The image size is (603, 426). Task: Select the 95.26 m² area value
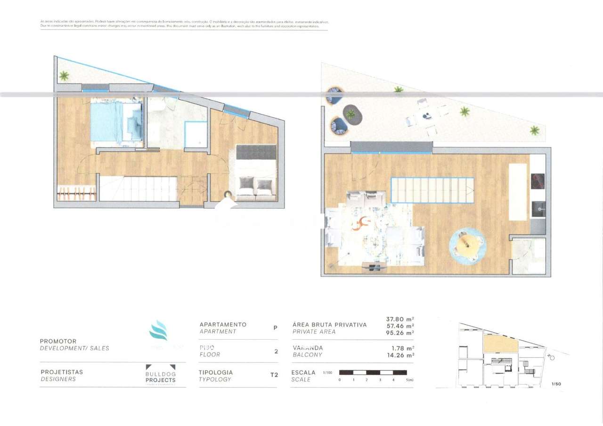pyautogui.click(x=399, y=333)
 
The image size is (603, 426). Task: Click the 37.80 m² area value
pyautogui.click(x=399, y=318)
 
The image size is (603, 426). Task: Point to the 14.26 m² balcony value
pyautogui.click(x=399, y=355)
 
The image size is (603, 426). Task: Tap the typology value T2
pyautogui.click(x=274, y=375)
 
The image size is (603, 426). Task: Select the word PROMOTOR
pyautogui.click(x=58, y=341)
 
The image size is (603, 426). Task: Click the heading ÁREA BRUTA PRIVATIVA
pyautogui.click(x=329, y=325)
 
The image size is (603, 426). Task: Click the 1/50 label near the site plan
pyautogui.click(x=556, y=384)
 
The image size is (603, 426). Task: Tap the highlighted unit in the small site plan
pyautogui.click(x=500, y=344)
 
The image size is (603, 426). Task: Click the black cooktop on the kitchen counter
pyautogui.click(x=538, y=181)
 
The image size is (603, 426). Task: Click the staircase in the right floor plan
pyautogui.click(x=432, y=190)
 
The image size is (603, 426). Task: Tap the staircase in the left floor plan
pyautogui.click(x=138, y=188)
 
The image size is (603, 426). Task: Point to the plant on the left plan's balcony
pyautogui.click(x=64, y=75)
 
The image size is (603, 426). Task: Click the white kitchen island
pyautogui.click(x=518, y=192)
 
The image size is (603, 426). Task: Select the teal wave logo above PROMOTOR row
pyautogui.click(x=158, y=330)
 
